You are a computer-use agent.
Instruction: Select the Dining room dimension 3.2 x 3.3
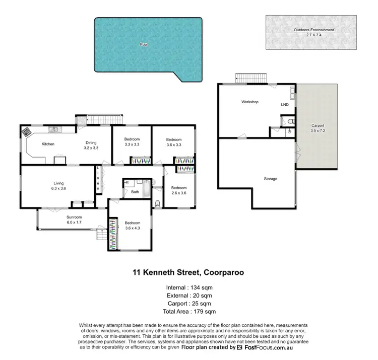click(x=91, y=149)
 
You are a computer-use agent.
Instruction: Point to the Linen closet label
click(x=99, y=178)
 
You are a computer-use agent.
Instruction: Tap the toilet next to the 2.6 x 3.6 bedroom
click(x=158, y=203)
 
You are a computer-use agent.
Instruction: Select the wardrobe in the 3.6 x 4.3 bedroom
click(x=112, y=234)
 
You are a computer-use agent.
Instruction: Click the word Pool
click(x=144, y=45)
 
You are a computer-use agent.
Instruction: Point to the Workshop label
click(x=249, y=102)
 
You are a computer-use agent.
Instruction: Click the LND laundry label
click(x=285, y=105)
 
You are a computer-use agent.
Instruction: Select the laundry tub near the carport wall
click(x=292, y=92)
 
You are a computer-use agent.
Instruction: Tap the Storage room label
click(x=270, y=179)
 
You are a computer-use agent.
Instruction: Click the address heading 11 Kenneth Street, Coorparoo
click(x=188, y=273)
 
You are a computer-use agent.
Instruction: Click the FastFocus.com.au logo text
click(x=275, y=347)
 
